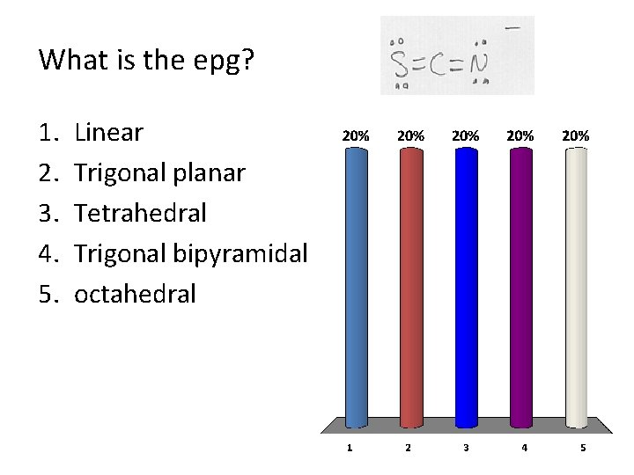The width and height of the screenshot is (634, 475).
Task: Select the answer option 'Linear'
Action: (108, 133)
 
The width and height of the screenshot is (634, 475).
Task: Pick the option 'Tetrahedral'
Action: (141, 214)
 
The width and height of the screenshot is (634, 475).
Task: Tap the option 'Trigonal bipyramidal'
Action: (190, 254)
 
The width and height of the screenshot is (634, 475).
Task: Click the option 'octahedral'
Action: (135, 294)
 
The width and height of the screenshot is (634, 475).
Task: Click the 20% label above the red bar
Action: (410, 136)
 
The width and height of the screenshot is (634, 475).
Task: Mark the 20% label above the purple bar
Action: (520, 136)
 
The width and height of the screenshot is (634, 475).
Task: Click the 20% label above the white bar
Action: (576, 136)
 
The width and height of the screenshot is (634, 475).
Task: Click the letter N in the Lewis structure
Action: (478, 62)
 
